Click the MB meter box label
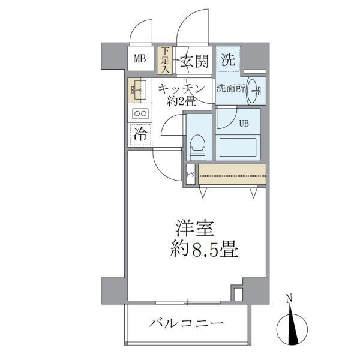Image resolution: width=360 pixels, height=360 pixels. click(x=140, y=59)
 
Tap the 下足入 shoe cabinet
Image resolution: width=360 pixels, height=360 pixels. click(x=164, y=60)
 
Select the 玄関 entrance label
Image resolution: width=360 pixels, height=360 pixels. click(x=193, y=60)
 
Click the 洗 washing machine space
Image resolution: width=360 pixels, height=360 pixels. click(x=227, y=59)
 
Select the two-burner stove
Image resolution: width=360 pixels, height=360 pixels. click(x=140, y=113)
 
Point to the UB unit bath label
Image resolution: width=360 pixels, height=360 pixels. click(x=244, y=124)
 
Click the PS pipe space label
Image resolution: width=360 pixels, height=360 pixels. click(x=190, y=175)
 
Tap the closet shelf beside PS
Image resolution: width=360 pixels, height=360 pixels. click(x=232, y=175)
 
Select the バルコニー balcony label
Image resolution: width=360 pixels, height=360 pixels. click(x=187, y=324)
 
